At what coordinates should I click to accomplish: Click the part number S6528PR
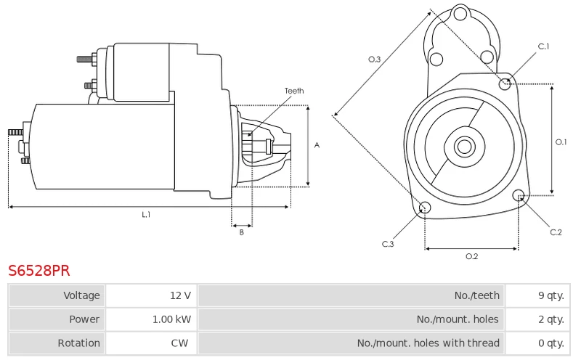[39, 271]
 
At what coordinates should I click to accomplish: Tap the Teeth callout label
[294, 91]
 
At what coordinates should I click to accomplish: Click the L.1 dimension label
[146, 215]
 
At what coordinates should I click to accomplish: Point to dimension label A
[317, 145]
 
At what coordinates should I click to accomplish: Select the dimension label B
[242, 232]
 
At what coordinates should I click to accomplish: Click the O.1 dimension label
[561, 142]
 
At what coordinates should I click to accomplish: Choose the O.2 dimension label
[471, 256]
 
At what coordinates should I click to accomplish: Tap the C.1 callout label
[543, 46]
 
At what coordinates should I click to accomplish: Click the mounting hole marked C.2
[519, 195]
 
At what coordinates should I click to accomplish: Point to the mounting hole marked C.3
[426, 209]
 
